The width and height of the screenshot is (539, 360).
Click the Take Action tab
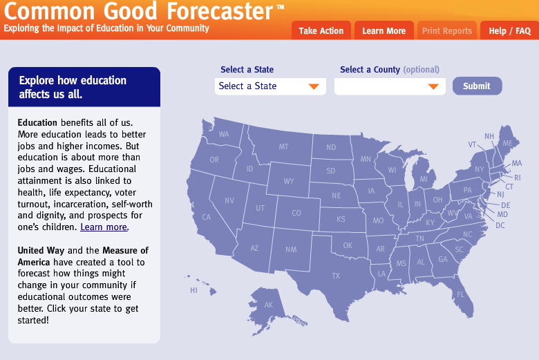pos(321,30)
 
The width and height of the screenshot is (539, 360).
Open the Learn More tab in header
pos(384,30)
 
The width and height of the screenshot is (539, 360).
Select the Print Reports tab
pos(447,30)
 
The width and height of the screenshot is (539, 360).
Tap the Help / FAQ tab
pos(510,30)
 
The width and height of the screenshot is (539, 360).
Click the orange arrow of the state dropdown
pos(314,86)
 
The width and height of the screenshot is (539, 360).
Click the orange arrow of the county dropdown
pos(433,86)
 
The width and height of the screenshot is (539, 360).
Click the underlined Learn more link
pos(104,227)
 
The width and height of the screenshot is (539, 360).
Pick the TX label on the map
pos(336,276)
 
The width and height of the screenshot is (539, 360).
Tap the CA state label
pos(206,217)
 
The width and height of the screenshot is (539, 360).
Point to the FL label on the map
pos(461,294)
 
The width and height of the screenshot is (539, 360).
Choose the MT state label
pos(283,146)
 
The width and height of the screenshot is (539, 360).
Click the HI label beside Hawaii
pos(194,290)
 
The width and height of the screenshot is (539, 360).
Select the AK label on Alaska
pos(269,305)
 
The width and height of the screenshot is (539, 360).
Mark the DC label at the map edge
pos(500,225)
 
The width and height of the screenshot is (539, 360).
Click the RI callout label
pos(518,178)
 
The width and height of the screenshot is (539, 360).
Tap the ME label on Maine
pos(507,143)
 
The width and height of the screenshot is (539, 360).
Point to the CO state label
pos(296,214)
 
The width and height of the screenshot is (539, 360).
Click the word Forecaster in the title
pos(220,10)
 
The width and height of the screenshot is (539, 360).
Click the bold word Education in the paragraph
pos(37,123)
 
